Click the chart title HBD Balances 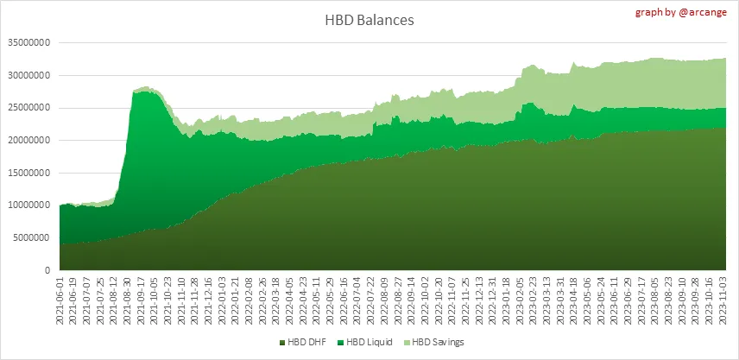[x=369, y=20]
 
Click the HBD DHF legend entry [x=301, y=342]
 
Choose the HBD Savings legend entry [x=439, y=342]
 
